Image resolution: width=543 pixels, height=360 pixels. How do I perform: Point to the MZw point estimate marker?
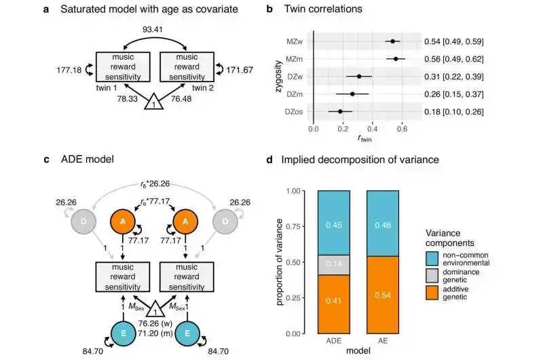point(392,41)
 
